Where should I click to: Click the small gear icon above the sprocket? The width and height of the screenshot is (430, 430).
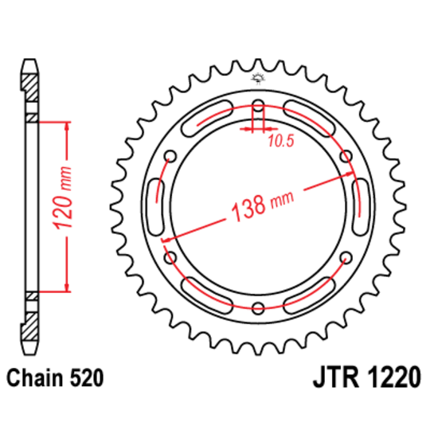257,77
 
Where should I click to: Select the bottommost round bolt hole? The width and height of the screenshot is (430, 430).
257,309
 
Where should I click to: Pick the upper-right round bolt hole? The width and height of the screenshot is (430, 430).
346,156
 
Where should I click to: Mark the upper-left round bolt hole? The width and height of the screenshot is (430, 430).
169,156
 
